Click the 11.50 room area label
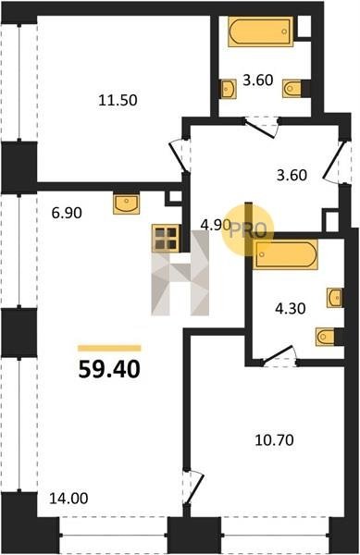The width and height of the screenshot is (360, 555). pyautogui.click(x=118, y=101)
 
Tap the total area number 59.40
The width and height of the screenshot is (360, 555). pyautogui.click(x=109, y=369)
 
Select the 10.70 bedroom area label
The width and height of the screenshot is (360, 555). pyautogui.click(x=275, y=440)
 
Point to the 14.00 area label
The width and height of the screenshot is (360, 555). pyautogui.click(x=68, y=499)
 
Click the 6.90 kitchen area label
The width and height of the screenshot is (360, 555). pyautogui.click(x=67, y=213)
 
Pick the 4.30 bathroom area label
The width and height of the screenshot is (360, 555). pyautogui.click(x=291, y=309)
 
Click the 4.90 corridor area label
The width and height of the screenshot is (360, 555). pyautogui.click(x=216, y=225)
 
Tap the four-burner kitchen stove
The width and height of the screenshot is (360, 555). pyautogui.click(x=166, y=239)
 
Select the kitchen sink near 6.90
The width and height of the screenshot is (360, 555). pyautogui.click(x=127, y=203)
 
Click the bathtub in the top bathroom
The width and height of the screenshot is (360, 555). pyautogui.click(x=261, y=31)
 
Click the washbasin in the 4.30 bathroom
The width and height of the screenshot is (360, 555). pyautogui.click(x=335, y=297)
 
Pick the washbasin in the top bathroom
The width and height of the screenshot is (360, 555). pyautogui.click(x=229, y=89)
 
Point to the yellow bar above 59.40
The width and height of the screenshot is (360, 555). pyautogui.click(x=109, y=349)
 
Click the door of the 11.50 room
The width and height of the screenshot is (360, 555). pyautogui.click(x=180, y=155)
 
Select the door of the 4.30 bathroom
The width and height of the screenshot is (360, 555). pyautogui.click(x=279, y=355)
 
